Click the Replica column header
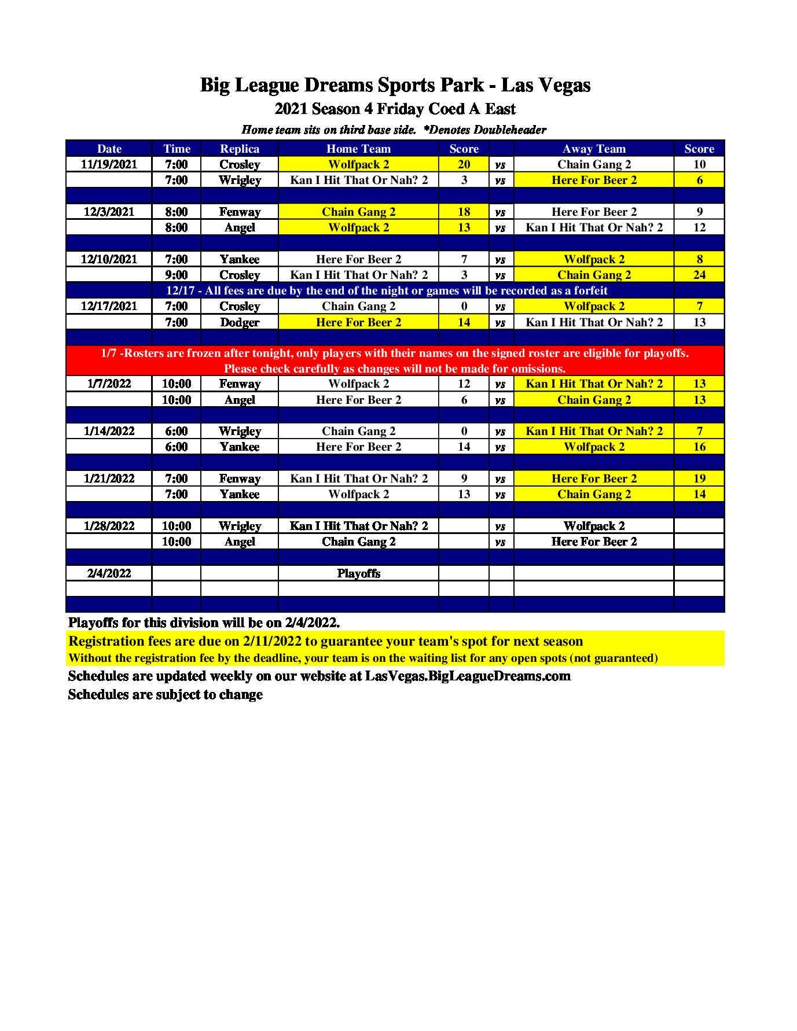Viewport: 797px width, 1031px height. point(240,149)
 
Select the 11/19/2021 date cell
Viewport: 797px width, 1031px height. point(109,164)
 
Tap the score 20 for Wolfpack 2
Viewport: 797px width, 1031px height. point(464,164)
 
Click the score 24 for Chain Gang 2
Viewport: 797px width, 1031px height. point(699,275)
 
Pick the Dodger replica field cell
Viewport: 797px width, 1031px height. point(240,322)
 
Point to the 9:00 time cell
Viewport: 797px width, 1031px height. point(177,275)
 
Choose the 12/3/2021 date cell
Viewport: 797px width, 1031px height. point(109,212)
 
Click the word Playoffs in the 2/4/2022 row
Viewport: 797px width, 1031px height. point(358,573)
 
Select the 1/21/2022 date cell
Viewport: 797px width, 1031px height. point(109,478)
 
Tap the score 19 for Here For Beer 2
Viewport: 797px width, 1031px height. point(699,478)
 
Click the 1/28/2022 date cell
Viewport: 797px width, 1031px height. point(109,526)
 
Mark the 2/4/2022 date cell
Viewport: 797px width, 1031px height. point(109,573)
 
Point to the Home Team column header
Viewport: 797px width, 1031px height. point(358,149)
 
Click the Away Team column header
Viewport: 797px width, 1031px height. point(594,149)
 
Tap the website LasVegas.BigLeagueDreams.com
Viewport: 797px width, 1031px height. point(468,676)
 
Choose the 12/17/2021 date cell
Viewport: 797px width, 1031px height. point(109,306)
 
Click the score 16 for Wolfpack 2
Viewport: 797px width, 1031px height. point(699,447)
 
